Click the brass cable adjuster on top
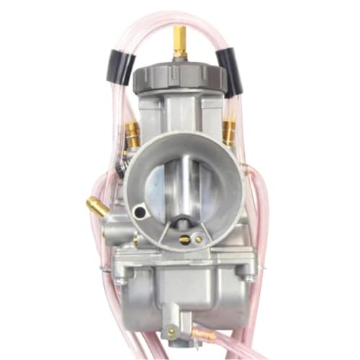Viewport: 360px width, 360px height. coord(179,42)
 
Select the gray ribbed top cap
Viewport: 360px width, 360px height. coord(178,77)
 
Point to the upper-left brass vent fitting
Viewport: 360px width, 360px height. coord(133,133)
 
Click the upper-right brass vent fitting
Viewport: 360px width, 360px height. coord(228,132)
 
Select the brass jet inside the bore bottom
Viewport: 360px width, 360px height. coord(184,239)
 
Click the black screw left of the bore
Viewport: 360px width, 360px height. coord(117,167)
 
